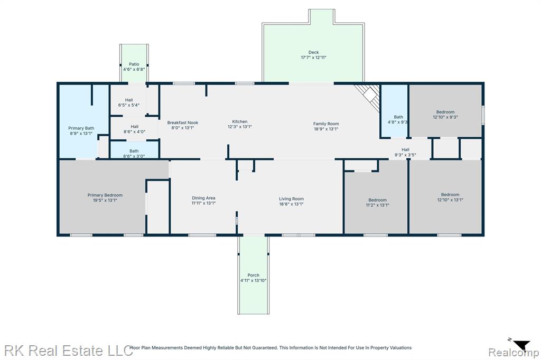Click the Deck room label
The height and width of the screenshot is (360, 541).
[314, 52]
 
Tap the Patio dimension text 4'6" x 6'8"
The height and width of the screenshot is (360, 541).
[134, 69]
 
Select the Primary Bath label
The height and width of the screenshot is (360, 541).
[81, 128]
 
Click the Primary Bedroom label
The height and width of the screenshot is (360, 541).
[105, 195]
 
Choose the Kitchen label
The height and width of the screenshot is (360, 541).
[240, 121]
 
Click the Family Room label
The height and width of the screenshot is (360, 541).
[326, 124]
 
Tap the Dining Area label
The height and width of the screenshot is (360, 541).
[203, 198]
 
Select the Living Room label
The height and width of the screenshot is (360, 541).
[291, 198]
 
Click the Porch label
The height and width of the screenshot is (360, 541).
[253, 275]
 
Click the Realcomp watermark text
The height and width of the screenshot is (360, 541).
[513, 352]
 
